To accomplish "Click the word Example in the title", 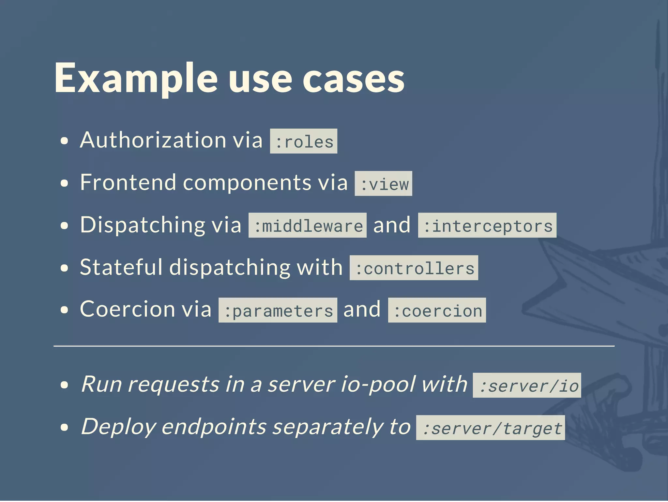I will click(x=136, y=78).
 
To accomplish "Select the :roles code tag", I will click(x=304, y=141).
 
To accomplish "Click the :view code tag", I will click(x=383, y=184).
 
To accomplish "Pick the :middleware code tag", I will click(x=307, y=226).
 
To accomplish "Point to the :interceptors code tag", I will click(x=487, y=226).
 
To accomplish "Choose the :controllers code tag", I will click(x=414, y=268).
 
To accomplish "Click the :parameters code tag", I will click(x=278, y=310).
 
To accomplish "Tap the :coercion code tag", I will click(x=437, y=310).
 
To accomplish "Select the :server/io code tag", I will click(x=527, y=385).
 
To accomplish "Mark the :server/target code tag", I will click(x=490, y=428).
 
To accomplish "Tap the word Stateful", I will click(x=121, y=267).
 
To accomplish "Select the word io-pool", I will click(x=377, y=384).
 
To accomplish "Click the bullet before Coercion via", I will click(x=65, y=310).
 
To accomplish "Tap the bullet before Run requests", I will click(x=65, y=385).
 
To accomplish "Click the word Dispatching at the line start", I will click(x=143, y=225).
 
